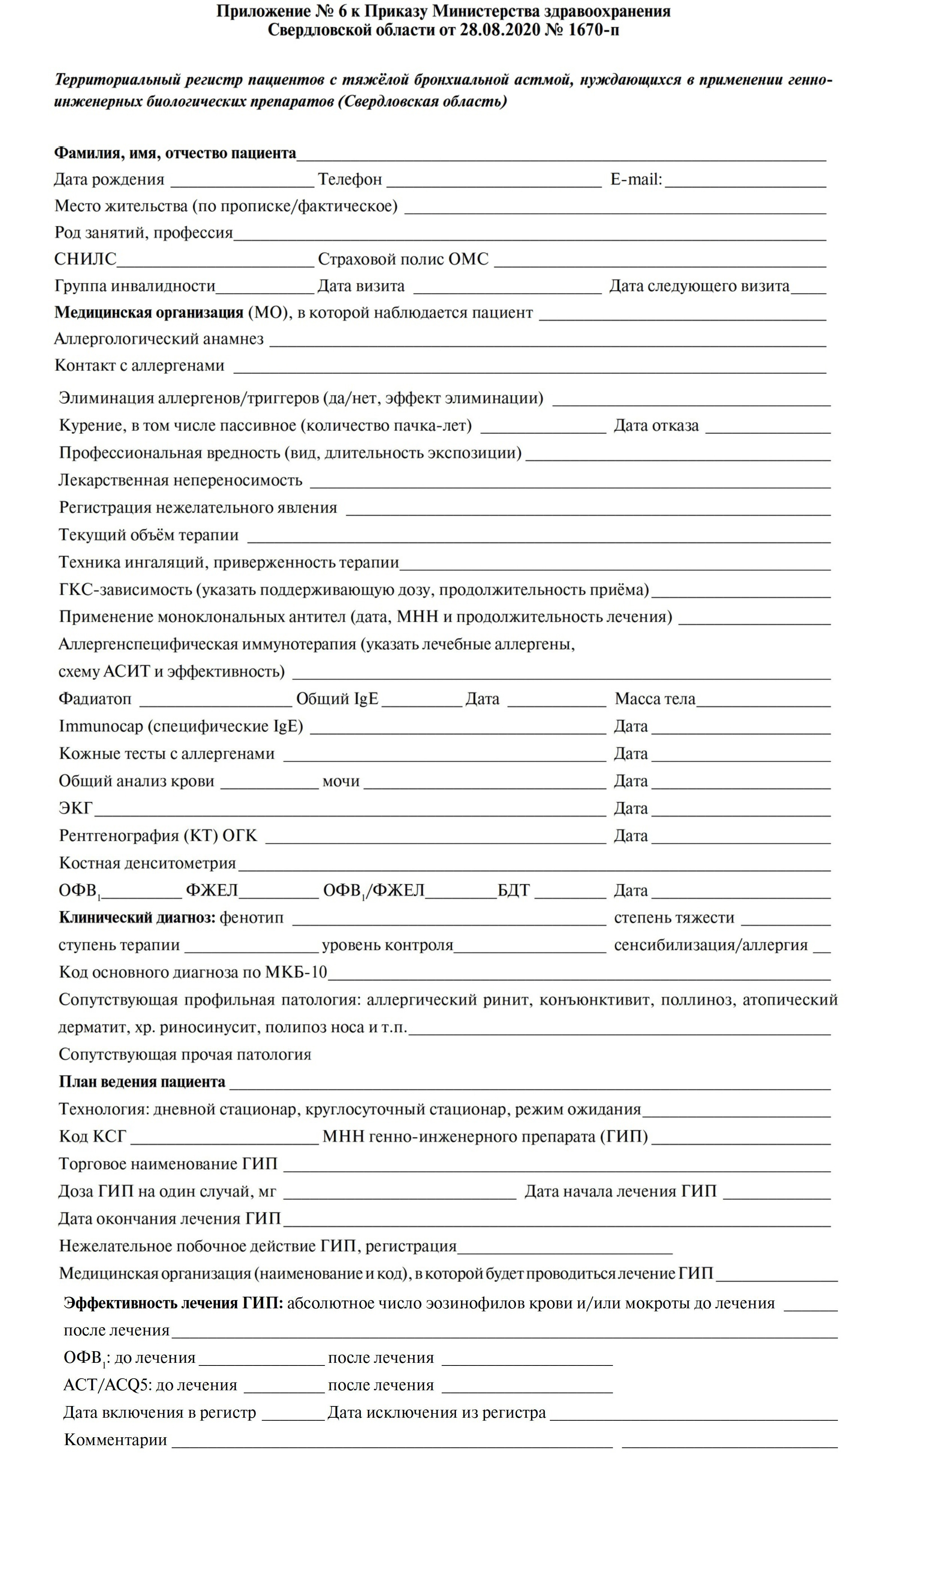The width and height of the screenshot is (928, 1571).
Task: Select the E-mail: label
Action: [636, 180]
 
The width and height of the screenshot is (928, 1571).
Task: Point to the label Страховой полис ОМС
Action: [403, 259]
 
